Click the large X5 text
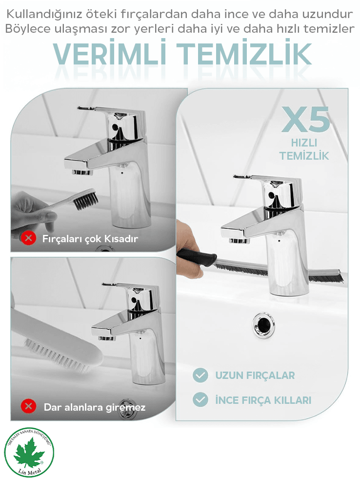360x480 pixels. coord(305,119)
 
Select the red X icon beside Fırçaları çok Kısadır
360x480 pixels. coord(29,238)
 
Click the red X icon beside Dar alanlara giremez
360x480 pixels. coord(28,406)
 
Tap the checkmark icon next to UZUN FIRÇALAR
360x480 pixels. coord(200,375)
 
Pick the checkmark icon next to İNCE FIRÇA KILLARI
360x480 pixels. coord(200,399)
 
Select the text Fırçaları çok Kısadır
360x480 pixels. coord(90,239)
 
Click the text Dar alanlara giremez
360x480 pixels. coord(95,407)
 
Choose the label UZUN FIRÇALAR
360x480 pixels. coord(255,376)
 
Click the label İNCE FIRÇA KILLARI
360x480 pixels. coord(263,400)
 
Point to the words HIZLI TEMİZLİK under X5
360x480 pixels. coord(304,149)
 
